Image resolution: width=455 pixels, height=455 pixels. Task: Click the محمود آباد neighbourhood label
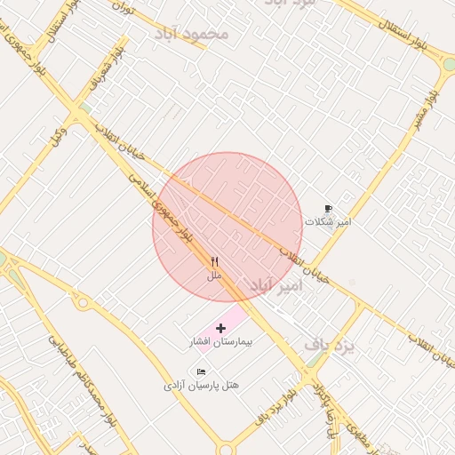pos(192,34)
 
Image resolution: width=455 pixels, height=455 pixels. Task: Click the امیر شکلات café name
pos(328,222)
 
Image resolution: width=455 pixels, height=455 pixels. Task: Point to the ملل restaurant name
pos(214,276)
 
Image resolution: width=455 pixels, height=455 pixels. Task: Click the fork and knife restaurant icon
pos(214,262)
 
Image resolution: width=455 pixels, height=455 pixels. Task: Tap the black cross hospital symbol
pos(221,329)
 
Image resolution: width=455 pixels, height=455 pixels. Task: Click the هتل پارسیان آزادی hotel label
pos(202,386)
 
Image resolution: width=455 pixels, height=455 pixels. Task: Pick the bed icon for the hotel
pos(202,371)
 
